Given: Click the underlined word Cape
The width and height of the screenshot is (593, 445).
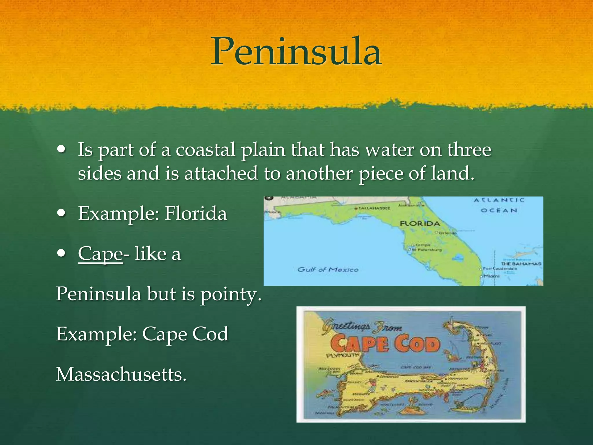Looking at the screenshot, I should click(100, 254).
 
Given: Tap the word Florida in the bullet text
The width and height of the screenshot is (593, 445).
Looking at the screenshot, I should click(196, 213).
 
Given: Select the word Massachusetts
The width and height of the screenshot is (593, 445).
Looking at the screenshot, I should click(121, 374).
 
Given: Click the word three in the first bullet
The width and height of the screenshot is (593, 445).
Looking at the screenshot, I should click(469, 150).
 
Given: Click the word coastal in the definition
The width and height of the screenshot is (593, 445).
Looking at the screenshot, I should click(205, 150).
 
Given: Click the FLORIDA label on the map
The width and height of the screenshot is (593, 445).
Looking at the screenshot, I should click(420, 223).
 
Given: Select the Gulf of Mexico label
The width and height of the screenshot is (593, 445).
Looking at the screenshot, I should click(328, 270).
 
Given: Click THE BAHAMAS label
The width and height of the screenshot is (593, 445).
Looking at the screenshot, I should click(521, 264).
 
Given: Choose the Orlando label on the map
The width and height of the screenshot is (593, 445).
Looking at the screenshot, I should click(447, 233).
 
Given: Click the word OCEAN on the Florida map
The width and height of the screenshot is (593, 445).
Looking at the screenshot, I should click(499, 210).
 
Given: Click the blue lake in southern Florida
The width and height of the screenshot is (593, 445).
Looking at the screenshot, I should click(458, 257).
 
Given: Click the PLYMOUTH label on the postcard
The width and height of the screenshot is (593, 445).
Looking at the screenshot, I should click(343, 355).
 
